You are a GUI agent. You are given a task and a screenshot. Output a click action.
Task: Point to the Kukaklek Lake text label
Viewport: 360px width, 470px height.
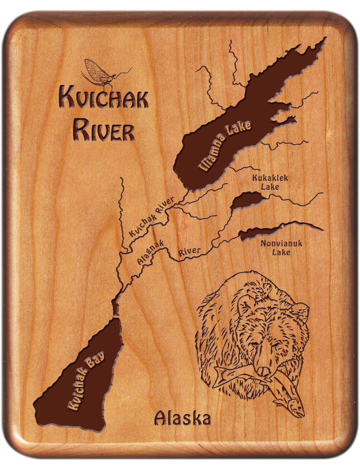(x=270, y=182)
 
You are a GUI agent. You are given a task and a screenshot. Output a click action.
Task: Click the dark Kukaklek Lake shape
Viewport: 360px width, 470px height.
(x=246, y=201)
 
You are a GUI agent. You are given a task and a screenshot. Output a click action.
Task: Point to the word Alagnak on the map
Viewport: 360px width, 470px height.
(x=150, y=254)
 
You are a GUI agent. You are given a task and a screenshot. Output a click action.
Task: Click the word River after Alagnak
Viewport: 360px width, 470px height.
(x=189, y=252)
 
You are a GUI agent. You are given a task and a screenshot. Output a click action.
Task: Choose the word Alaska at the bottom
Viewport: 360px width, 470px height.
(x=183, y=418)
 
